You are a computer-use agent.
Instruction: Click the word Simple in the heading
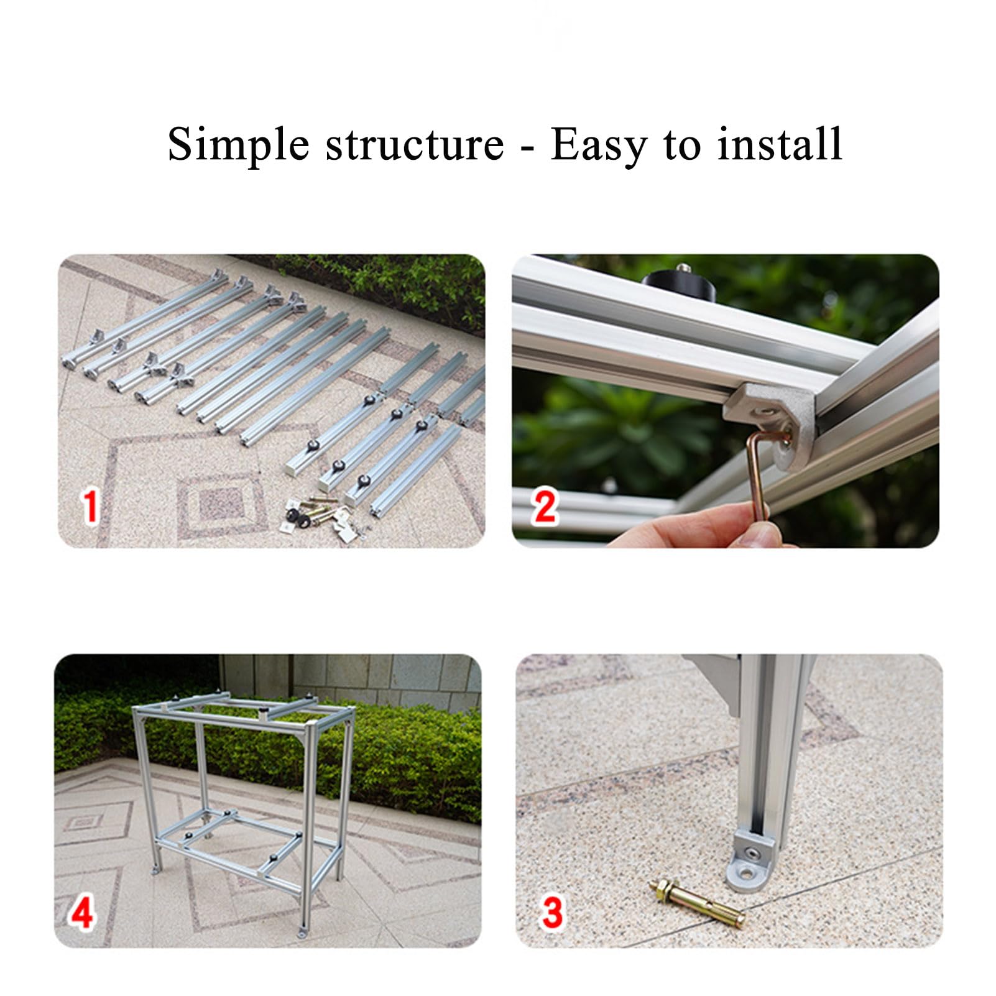point(238,145)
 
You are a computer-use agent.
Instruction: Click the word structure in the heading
point(415,144)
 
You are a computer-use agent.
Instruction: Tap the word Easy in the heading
point(598,145)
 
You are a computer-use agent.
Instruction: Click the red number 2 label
point(545,507)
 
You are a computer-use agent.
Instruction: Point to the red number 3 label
point(552,912)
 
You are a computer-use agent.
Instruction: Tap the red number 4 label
point(82,912)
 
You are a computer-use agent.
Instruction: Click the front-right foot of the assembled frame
point(303,933)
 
